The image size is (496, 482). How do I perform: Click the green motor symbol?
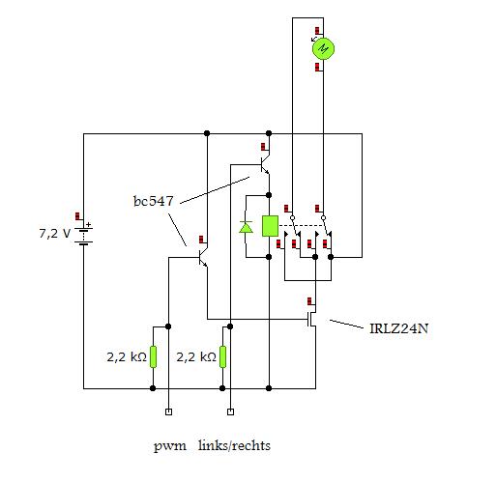tap(323, 48)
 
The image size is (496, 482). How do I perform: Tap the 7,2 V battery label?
tap(54, 233)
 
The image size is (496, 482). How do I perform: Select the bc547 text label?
tap(154, 201)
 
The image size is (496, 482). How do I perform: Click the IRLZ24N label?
tap(399, 328)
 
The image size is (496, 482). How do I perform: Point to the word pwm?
tap(170, 446)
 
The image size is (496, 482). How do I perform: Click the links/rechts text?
tap(234, 445)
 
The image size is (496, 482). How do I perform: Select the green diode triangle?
tap(246, 227)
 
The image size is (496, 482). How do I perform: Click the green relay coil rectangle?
tap(270, 226)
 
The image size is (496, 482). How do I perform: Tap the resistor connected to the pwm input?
tap(153, 356)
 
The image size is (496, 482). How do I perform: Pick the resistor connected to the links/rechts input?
tap(222, 356)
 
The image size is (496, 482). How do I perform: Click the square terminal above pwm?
tap(168, 411)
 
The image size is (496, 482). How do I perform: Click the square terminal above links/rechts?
tap(230, 411)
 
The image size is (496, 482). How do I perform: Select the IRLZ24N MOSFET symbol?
tap(311, 319)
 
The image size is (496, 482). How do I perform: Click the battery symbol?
tap(83, 237)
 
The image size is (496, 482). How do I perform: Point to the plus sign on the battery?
tap(89, 224)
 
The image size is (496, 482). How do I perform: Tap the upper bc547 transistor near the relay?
tap(265, 165)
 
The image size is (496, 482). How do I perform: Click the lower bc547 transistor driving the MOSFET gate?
tap(203, 258)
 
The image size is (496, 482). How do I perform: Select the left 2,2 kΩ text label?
tap(127, 357)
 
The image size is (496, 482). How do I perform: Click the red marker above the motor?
tap(318, 31)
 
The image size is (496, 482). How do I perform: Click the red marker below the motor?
tap(318, 67)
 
